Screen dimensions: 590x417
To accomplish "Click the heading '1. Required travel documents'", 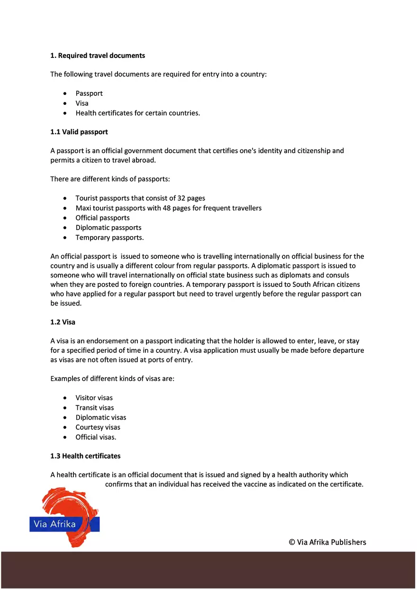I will point(98,55).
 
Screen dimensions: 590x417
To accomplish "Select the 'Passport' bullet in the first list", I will point(89,93).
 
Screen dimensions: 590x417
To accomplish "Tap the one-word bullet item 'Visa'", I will point(82,103).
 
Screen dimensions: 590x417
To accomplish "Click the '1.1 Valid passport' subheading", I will point(79,132).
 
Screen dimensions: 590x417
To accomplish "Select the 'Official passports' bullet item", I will point(102,218).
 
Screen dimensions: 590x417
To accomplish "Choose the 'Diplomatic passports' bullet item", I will point(109,228).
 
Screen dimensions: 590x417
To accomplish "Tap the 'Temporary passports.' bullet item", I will point(109,238).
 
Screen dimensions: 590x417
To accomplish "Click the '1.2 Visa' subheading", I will point(63,322).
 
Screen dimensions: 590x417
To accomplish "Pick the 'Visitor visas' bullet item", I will point(94,398).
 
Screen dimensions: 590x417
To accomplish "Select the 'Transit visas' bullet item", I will point(95,408).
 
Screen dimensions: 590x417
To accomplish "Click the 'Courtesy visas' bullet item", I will point(98,427).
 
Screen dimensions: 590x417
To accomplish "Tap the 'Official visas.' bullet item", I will point(96,437).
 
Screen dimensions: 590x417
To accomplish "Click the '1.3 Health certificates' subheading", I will point(85,456).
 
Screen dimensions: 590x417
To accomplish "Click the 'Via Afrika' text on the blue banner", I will point(54,525).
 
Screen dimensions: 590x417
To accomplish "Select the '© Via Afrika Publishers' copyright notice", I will point(327,543).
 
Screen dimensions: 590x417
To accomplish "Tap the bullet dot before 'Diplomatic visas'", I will point(65,418).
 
